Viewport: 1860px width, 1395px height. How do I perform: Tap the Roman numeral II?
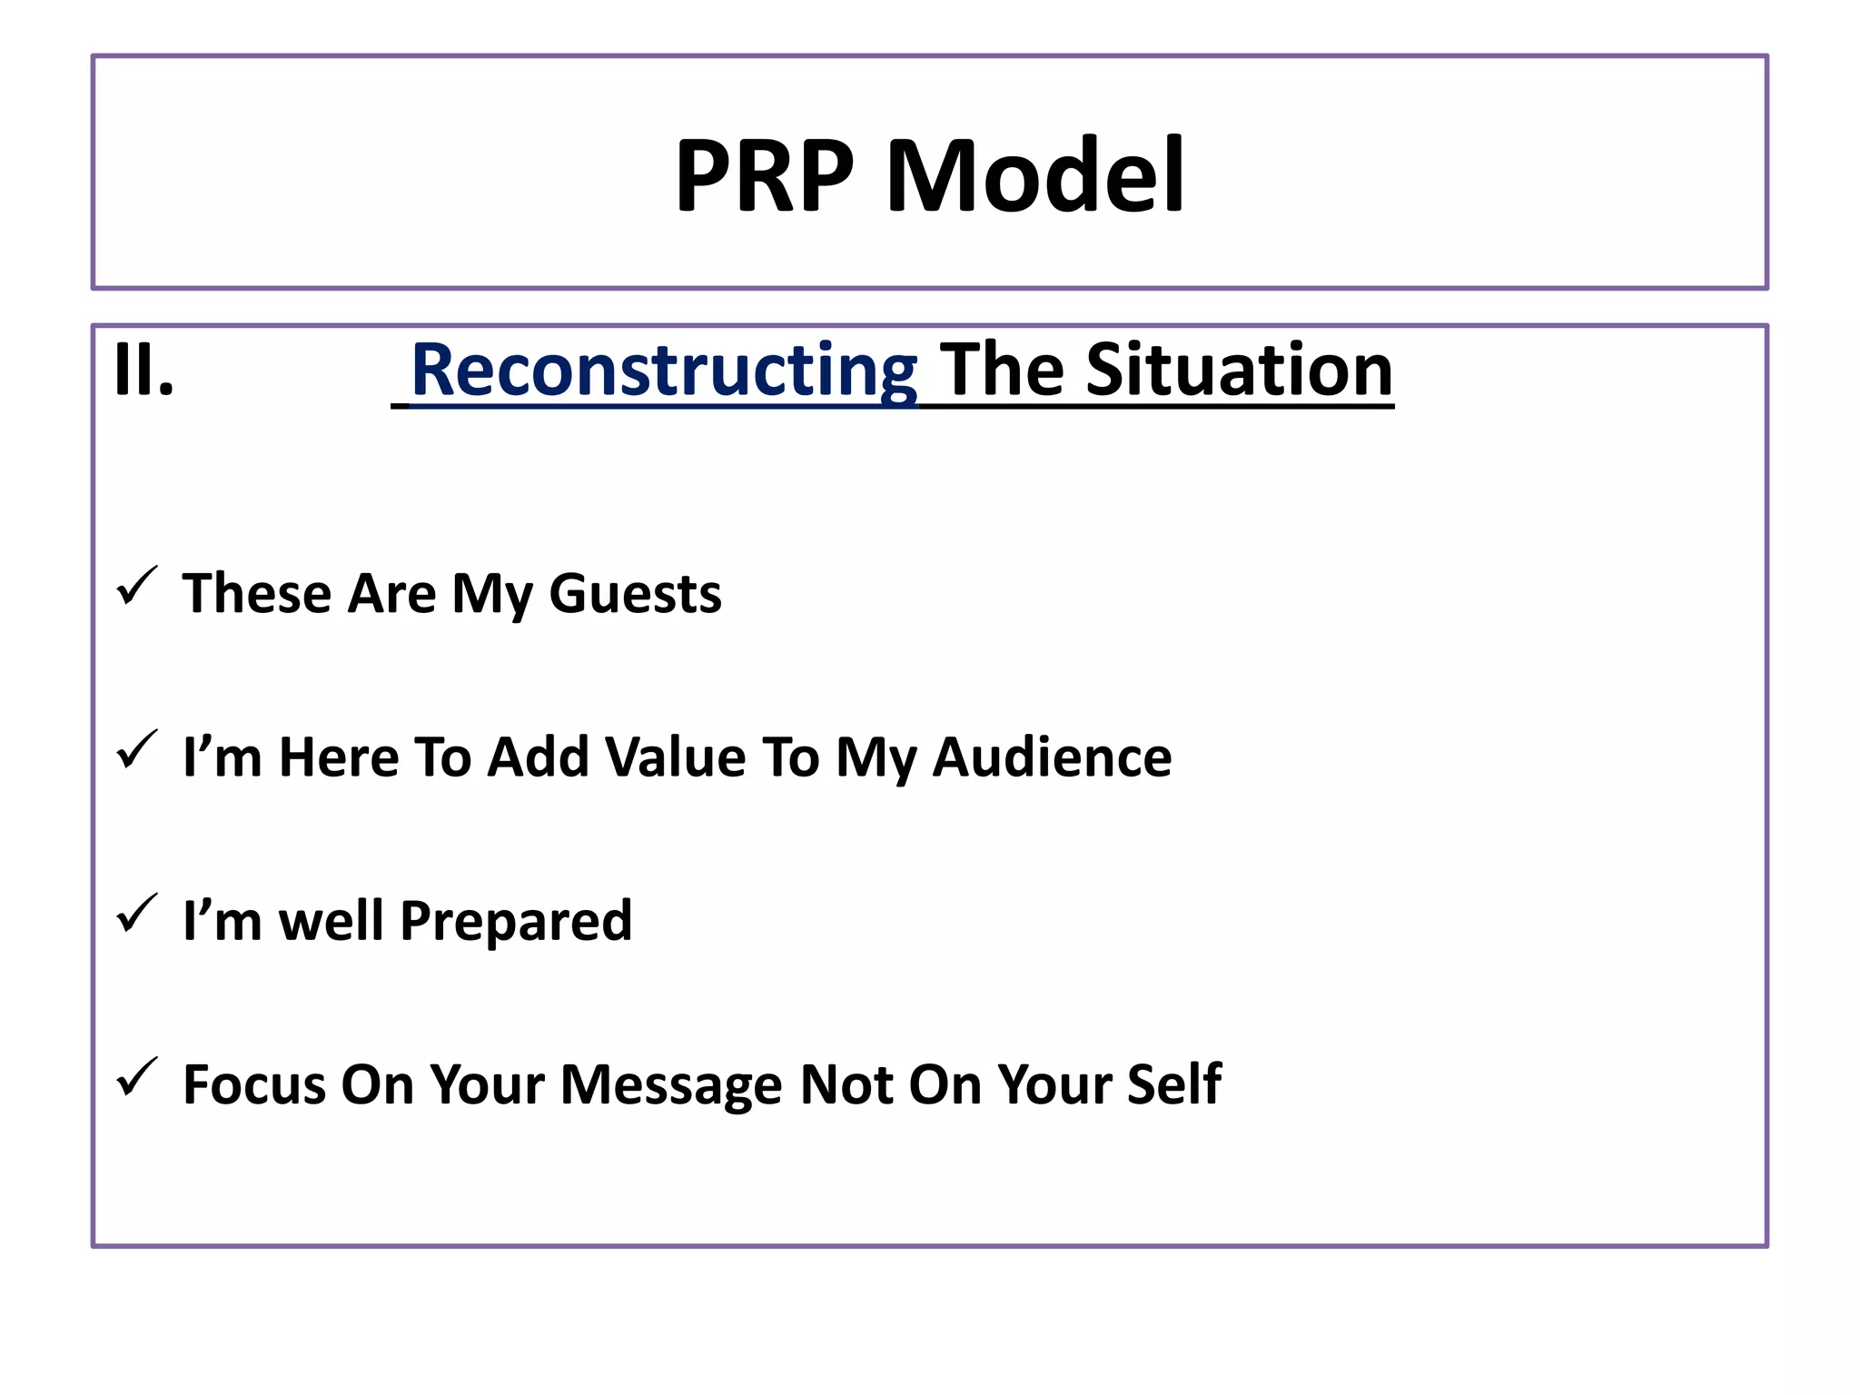pos(143,370)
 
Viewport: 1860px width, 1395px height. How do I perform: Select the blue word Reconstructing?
pos(664,370)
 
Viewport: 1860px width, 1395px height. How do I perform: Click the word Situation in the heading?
pos(1239,370)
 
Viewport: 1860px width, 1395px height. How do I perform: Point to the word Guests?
pos(635,594)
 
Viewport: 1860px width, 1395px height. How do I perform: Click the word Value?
pos(676,757)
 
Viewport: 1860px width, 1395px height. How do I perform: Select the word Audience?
pos(1052,757)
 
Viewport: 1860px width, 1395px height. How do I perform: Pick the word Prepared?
pos(516,921)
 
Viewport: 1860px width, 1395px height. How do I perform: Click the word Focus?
pos(253,1084)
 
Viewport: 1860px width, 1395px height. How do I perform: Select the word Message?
pos(670,1084)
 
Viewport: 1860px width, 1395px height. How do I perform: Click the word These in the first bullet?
pos(257,594)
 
